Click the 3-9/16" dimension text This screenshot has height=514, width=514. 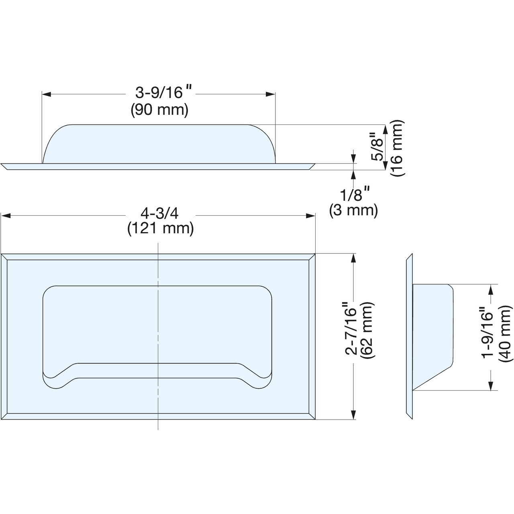[x=163, y=92]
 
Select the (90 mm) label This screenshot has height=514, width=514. [x=159, y=110]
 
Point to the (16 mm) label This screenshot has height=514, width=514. [x=397, y=148]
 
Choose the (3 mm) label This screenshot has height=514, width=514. [x=354, y=211]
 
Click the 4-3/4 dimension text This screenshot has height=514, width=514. [x=159, y=214]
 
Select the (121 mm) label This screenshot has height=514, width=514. [x=161, y=229]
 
